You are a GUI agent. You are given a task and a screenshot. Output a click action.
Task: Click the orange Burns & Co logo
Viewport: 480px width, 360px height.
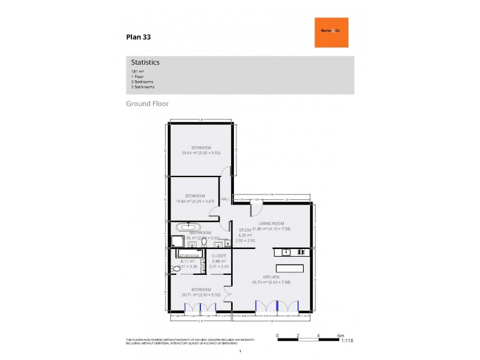[x=331, y=32]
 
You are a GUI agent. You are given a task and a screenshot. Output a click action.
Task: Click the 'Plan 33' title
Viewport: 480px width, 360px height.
[x=138, y=37]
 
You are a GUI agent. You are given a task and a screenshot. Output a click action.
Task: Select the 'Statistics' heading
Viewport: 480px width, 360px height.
[x=145, y=62]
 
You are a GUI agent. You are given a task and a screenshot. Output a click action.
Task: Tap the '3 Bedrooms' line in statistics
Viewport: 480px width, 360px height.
[x=142, y=82]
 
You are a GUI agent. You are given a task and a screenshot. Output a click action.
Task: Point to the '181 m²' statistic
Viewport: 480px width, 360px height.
[x=137, y=71]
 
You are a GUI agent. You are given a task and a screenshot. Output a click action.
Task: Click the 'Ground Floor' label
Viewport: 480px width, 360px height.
[x=147, y=104]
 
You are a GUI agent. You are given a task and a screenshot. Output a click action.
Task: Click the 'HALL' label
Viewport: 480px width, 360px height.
[x=226, y=199]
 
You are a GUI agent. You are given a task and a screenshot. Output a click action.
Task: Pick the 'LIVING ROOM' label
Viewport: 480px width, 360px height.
[x=271, y=223]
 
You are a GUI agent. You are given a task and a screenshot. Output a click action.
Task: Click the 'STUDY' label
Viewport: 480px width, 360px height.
[x=245, y=229]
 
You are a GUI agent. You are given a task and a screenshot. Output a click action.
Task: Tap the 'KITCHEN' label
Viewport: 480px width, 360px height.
[x=271, y=277]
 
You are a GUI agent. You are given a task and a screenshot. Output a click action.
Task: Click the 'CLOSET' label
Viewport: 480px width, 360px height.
[x=218, y=256]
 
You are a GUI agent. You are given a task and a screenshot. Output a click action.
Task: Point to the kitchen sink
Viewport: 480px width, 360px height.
[x=287, y=252]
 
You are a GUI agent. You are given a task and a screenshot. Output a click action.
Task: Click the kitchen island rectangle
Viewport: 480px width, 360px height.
[x=289, y=268]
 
